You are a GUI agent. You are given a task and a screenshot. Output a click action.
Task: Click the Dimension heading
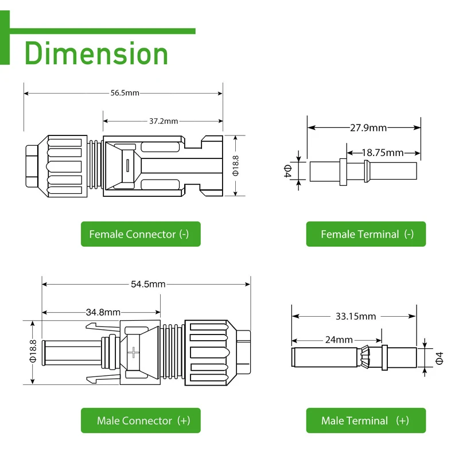click(x=96, y=53)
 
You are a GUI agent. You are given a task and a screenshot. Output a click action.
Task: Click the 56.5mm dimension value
click(x=125, y=93)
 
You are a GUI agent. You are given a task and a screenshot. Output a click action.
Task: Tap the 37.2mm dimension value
click(x=164, y=121)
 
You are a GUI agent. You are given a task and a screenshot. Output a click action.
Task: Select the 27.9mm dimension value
click(x=368, y=127)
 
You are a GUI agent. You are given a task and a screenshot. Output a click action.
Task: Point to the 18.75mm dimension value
click(x=383, y=153)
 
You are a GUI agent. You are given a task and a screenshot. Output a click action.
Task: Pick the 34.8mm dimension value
click(x=103, y=312)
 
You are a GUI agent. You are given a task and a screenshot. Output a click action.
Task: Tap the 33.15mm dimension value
click(x=356, y=316)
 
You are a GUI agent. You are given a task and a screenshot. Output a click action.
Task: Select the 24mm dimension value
click(x=339, y=340)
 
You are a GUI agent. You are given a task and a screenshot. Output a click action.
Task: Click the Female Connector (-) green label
click(x=141, y=234)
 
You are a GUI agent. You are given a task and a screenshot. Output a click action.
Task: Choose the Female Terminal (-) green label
click(x=366, y=234)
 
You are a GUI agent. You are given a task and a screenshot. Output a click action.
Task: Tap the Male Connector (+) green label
click(x=141, y=421)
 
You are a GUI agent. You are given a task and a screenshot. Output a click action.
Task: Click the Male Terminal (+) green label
click(x=366, y=421)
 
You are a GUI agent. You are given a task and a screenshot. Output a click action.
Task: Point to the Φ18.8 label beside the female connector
click(x=235, y=166)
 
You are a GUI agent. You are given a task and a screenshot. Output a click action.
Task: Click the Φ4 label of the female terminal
click(x=287, y=171)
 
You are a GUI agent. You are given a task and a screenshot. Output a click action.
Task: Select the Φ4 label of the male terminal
click(x=439, y=358)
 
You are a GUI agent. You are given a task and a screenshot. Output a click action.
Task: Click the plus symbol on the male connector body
click(x=135, y=353)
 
